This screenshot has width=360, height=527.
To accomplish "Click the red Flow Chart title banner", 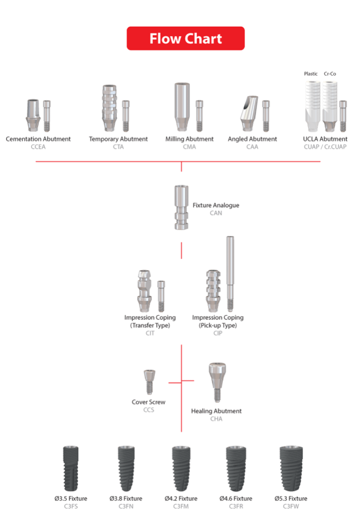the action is click(x=185, y=38).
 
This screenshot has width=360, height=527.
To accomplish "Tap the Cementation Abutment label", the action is click(x=38, y=139).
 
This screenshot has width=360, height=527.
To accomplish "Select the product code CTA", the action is click(x=118, y=147).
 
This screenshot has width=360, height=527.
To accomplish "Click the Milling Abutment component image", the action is click(x=182, y=107).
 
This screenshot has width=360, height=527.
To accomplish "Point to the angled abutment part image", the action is click(x=249, y=114).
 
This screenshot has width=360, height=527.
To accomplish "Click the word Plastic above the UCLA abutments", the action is click(x=311, y=74).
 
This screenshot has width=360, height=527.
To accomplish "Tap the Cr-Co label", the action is click(x=330, y=74).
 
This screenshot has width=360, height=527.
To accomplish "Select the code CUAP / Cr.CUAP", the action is click(x=325, y=147).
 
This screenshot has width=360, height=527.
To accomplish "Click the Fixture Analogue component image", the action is click(x=181, y=207).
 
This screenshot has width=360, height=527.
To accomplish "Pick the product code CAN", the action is click(x=216, y=213).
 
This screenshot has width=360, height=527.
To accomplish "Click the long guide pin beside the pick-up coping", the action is click(x=230, y=274).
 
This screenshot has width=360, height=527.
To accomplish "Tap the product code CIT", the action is click(x=150, y=333).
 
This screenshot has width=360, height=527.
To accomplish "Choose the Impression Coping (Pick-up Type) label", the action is click(x=218, y=321).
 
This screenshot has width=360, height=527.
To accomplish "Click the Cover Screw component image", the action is click(x=149, y=382).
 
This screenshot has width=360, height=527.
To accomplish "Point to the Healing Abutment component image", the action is click(x=217, y=382).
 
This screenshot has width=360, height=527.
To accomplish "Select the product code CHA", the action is click(x=216, y=419).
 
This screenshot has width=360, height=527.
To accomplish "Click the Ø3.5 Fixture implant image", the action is click(x=71, y=468).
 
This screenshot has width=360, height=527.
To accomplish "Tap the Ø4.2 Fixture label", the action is click(x=181, y=499).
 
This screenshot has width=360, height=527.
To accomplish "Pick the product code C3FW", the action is click(x=291, y=506).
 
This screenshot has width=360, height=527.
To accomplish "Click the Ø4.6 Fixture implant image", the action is click(x=236, y=468).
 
